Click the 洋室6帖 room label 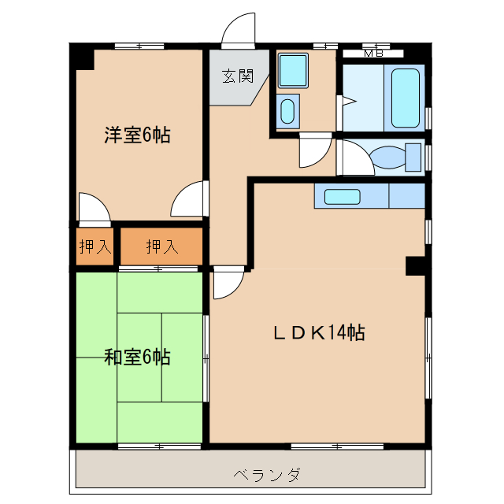click(x=137, y=135)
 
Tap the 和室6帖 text click(x=137, y=358)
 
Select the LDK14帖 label click(x=318, y=332)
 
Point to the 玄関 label click(x=236, y=76)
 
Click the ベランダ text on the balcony click(x=267, y=475)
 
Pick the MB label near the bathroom click(x=372, y=54)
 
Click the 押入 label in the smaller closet click(x=95, y=247)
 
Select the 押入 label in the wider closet click(x=161, y=247)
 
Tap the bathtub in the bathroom click(x=406, y=98)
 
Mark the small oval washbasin click(x=288, y=111)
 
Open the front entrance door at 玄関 click(x=239, y=31)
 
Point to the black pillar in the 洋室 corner click(x=82, y=57)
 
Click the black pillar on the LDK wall click(x=416, y=265)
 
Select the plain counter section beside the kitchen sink click(x=406, y=195)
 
